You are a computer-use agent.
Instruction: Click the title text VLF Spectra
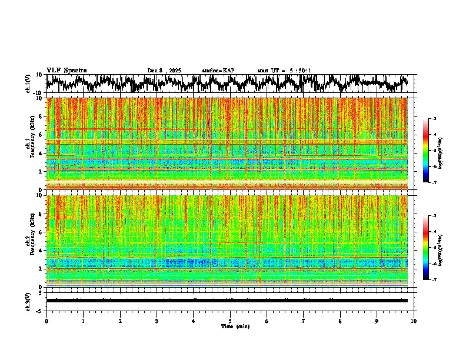pos(66,70)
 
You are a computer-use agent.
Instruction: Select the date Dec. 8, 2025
pos(164,71)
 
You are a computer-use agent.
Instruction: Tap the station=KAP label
pos(218,71)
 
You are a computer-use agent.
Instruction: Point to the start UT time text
pos(284,71)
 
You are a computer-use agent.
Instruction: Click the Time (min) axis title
pos(235,326)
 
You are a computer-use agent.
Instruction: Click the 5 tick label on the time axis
pos(230,321)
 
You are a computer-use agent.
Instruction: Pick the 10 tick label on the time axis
pos(414,321)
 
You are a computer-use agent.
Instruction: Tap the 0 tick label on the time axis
pos(46,321)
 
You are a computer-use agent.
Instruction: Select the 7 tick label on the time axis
pos(304,321)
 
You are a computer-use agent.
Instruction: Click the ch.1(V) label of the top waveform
pos(28,84)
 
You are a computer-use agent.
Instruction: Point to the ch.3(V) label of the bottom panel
pos(28,300)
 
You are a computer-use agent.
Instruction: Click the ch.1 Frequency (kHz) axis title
pos(29,144)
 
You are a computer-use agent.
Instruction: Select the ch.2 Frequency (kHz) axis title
pos(29,241)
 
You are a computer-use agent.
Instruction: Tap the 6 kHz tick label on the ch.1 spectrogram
pos(41,135)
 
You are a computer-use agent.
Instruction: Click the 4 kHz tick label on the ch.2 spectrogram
pos(41,251)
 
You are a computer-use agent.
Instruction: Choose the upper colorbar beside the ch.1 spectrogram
pos(426,151)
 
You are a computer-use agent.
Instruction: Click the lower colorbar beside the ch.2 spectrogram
pos(426,248)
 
